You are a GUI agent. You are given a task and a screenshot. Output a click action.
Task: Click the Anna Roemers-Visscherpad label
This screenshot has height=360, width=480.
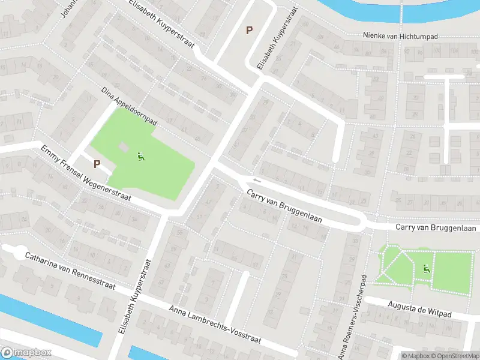[353, 318]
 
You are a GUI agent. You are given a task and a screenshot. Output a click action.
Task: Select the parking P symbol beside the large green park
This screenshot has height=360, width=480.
[97, 163]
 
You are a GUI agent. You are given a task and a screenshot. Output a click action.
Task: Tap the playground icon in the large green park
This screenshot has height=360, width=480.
[142, 158]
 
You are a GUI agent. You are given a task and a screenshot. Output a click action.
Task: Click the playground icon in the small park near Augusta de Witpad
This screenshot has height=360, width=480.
[427, 269]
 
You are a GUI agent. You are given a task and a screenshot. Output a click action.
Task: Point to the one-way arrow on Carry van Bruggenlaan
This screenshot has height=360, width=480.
[257, 179]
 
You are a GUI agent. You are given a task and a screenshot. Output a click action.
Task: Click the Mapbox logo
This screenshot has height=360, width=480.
[26, 353]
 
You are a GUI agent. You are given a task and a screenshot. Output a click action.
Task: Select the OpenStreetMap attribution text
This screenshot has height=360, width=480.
[454, 356]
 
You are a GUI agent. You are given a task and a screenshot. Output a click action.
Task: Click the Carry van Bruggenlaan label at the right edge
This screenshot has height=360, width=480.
[436, 228]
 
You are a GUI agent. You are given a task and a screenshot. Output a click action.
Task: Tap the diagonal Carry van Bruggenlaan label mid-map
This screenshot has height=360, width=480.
[284, 207]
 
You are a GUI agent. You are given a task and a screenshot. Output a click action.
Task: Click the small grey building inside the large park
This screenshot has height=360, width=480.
[123, 147]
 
